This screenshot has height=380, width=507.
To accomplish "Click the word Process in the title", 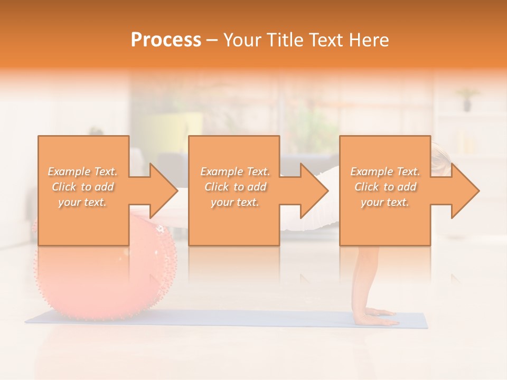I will tap(166, 40).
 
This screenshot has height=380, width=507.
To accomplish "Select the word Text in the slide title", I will tap(325, 40).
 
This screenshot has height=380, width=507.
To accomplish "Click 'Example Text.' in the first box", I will tap(82, 172).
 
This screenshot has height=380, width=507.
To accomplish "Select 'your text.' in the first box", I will tap(82, 202).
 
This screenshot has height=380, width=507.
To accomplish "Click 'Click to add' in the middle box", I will tap(235, 187).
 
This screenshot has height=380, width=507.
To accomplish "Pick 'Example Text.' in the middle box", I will tap(235, 172).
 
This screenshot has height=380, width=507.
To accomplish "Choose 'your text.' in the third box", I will tap(385, 202).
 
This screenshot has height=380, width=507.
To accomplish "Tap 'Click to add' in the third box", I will tap(385, 187).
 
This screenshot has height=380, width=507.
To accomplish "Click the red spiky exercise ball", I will tap(106, 280).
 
